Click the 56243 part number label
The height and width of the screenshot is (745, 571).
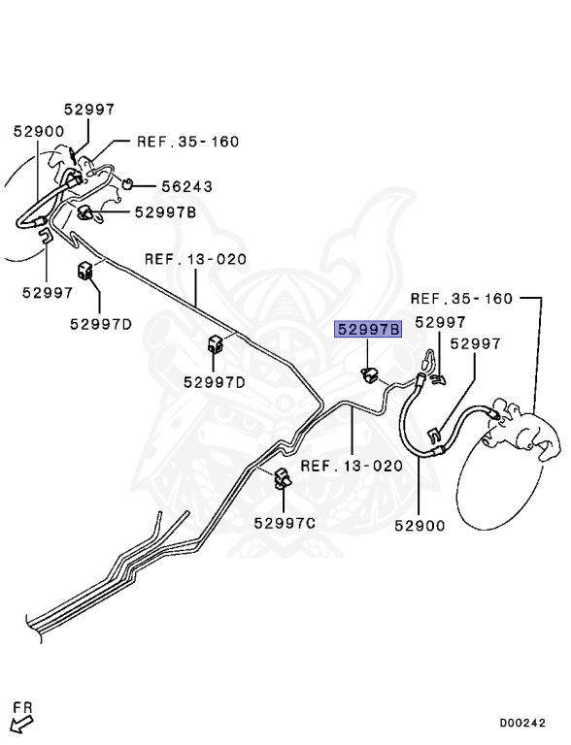pos(187,186)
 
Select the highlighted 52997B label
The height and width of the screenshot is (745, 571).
pos(369,329)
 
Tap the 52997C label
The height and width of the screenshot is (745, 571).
pos(285,523)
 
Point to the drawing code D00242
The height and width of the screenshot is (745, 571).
pos(522,723)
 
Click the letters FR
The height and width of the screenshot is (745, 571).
pos(22,708)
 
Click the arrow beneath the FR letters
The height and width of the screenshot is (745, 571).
pos(21,725)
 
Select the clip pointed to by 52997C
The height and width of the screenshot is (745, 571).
pos(283,478)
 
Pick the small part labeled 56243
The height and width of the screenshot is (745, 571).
pos(127,183)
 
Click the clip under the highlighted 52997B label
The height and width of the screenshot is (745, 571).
pos(368,374)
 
